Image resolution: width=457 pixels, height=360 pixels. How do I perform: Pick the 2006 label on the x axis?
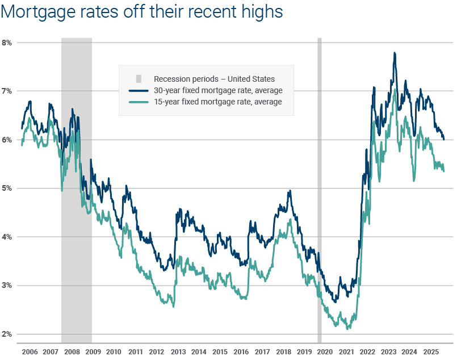30,352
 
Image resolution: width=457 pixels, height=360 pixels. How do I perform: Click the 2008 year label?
72,352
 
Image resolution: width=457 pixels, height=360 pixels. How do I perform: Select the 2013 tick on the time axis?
178,352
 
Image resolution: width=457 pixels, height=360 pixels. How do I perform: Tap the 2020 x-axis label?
325,352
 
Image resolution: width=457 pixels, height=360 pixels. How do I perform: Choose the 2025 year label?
430,352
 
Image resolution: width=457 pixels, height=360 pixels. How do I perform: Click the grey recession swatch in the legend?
139,79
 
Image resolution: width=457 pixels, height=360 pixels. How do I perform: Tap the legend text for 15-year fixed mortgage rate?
218,102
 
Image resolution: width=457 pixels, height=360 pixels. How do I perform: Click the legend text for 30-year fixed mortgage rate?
218,90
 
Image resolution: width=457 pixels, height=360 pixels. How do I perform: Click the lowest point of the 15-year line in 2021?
347,328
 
